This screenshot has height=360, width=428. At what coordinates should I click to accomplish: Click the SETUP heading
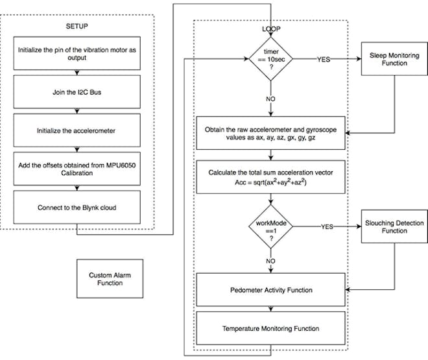click(77, 26)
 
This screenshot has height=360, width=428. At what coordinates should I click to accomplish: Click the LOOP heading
click(271, 29)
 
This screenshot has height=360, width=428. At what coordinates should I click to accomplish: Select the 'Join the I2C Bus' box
click(77, 92)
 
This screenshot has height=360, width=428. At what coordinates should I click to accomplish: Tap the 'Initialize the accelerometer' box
click(77, 130)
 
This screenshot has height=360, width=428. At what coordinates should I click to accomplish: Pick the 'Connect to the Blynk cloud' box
click(77, 208)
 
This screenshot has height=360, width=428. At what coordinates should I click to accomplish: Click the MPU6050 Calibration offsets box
click(77, 169)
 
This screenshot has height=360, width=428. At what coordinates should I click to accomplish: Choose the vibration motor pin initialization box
click(77, 53)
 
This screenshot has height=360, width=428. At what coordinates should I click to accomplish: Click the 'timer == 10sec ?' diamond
click(271, 59)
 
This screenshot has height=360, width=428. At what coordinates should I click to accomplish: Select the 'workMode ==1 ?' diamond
click(271, 226)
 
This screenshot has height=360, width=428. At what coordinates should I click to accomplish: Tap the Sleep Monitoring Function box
click(394, 59)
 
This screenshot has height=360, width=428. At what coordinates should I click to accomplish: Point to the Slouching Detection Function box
click(394, 226)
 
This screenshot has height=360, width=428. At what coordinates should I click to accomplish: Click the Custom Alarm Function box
click(110, 279)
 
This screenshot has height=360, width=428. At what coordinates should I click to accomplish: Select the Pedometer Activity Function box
click(271, 290)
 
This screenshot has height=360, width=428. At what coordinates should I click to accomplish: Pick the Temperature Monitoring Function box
click(271, 328)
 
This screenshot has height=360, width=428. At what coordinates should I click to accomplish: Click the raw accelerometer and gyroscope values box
click(271, 133)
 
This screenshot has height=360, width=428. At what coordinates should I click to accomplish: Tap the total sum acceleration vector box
click(271, 177)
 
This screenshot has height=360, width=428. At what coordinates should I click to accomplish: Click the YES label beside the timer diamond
click(324, 59)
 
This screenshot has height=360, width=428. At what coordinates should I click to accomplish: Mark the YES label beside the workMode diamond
click(327, 227)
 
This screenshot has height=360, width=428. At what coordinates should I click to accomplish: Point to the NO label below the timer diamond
click(270, 99)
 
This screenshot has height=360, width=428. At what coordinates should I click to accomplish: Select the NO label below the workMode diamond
click(270, 261)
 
